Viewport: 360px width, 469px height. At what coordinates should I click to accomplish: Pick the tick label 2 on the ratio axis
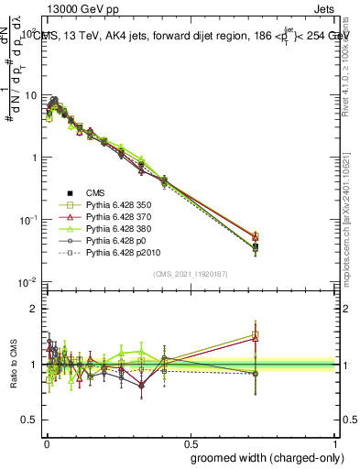click(33, 309)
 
